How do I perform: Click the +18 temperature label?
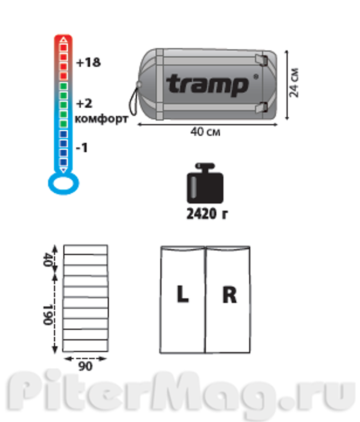pos(89,62)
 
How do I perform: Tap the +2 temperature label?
pos(84,104)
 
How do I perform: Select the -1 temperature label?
pos(82,148)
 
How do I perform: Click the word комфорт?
pos(102,119)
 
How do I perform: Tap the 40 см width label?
pos(205,132)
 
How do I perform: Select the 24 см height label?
pos(294,82)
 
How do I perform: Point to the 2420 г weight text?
pos(207,214)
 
